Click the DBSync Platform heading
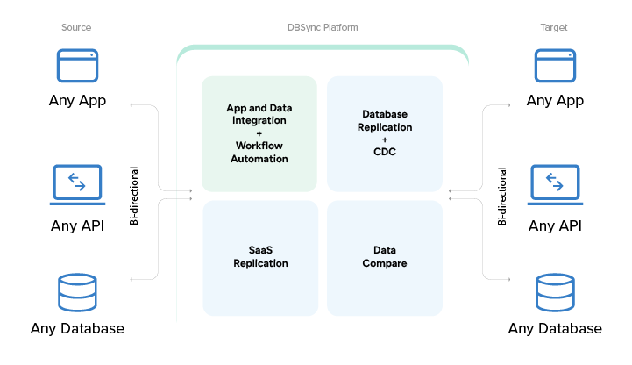pos(322,28)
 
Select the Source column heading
pos(76,28)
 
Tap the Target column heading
pos(554,28)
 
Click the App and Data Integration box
pos(259,133)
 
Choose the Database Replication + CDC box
pos(385,133)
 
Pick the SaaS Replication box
pos(259,257)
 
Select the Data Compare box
pos(385,257)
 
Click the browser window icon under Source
pos(77,66)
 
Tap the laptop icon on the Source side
pos(77,183)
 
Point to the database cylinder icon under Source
pos(77,293)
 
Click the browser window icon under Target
pos(555,66)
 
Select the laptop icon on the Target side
pos(555,183)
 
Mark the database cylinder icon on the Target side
pos(555,293)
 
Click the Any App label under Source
pos(77,101)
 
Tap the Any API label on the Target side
pos(555,226)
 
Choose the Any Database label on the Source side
pos(77,329)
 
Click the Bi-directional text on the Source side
pos(134,195)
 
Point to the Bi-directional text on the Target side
pos(502,195)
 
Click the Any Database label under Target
pos(555,329)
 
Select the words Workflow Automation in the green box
pos(259,153)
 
